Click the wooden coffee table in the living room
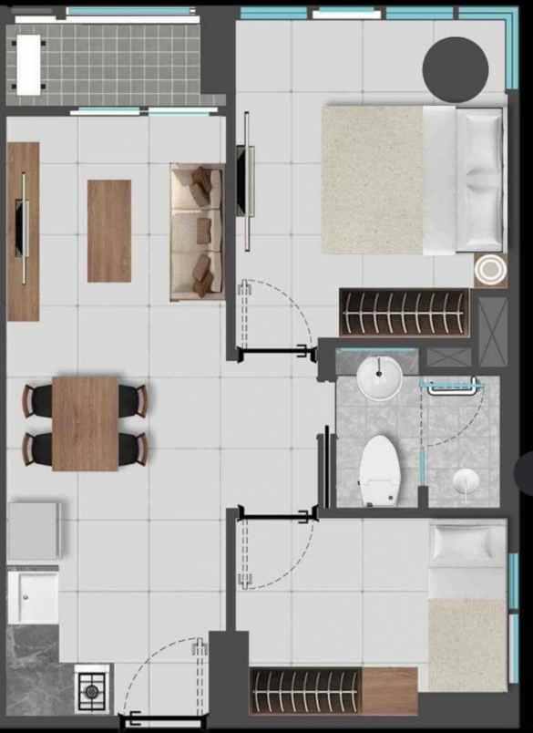(x=109, y=231)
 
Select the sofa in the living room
(x=197, y=232)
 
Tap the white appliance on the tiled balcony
(x=28, y=64)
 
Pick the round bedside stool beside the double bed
(x=490, y=271)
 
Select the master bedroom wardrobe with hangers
(x=404, y=313)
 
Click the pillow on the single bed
(x=466, y=544)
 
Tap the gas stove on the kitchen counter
(x=92, y=690)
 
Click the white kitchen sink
(x=33, y=597)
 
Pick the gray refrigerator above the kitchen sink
(x=35, y=530)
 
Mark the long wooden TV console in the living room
(x=23, y=232)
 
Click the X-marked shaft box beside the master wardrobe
(x=492, y=330)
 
